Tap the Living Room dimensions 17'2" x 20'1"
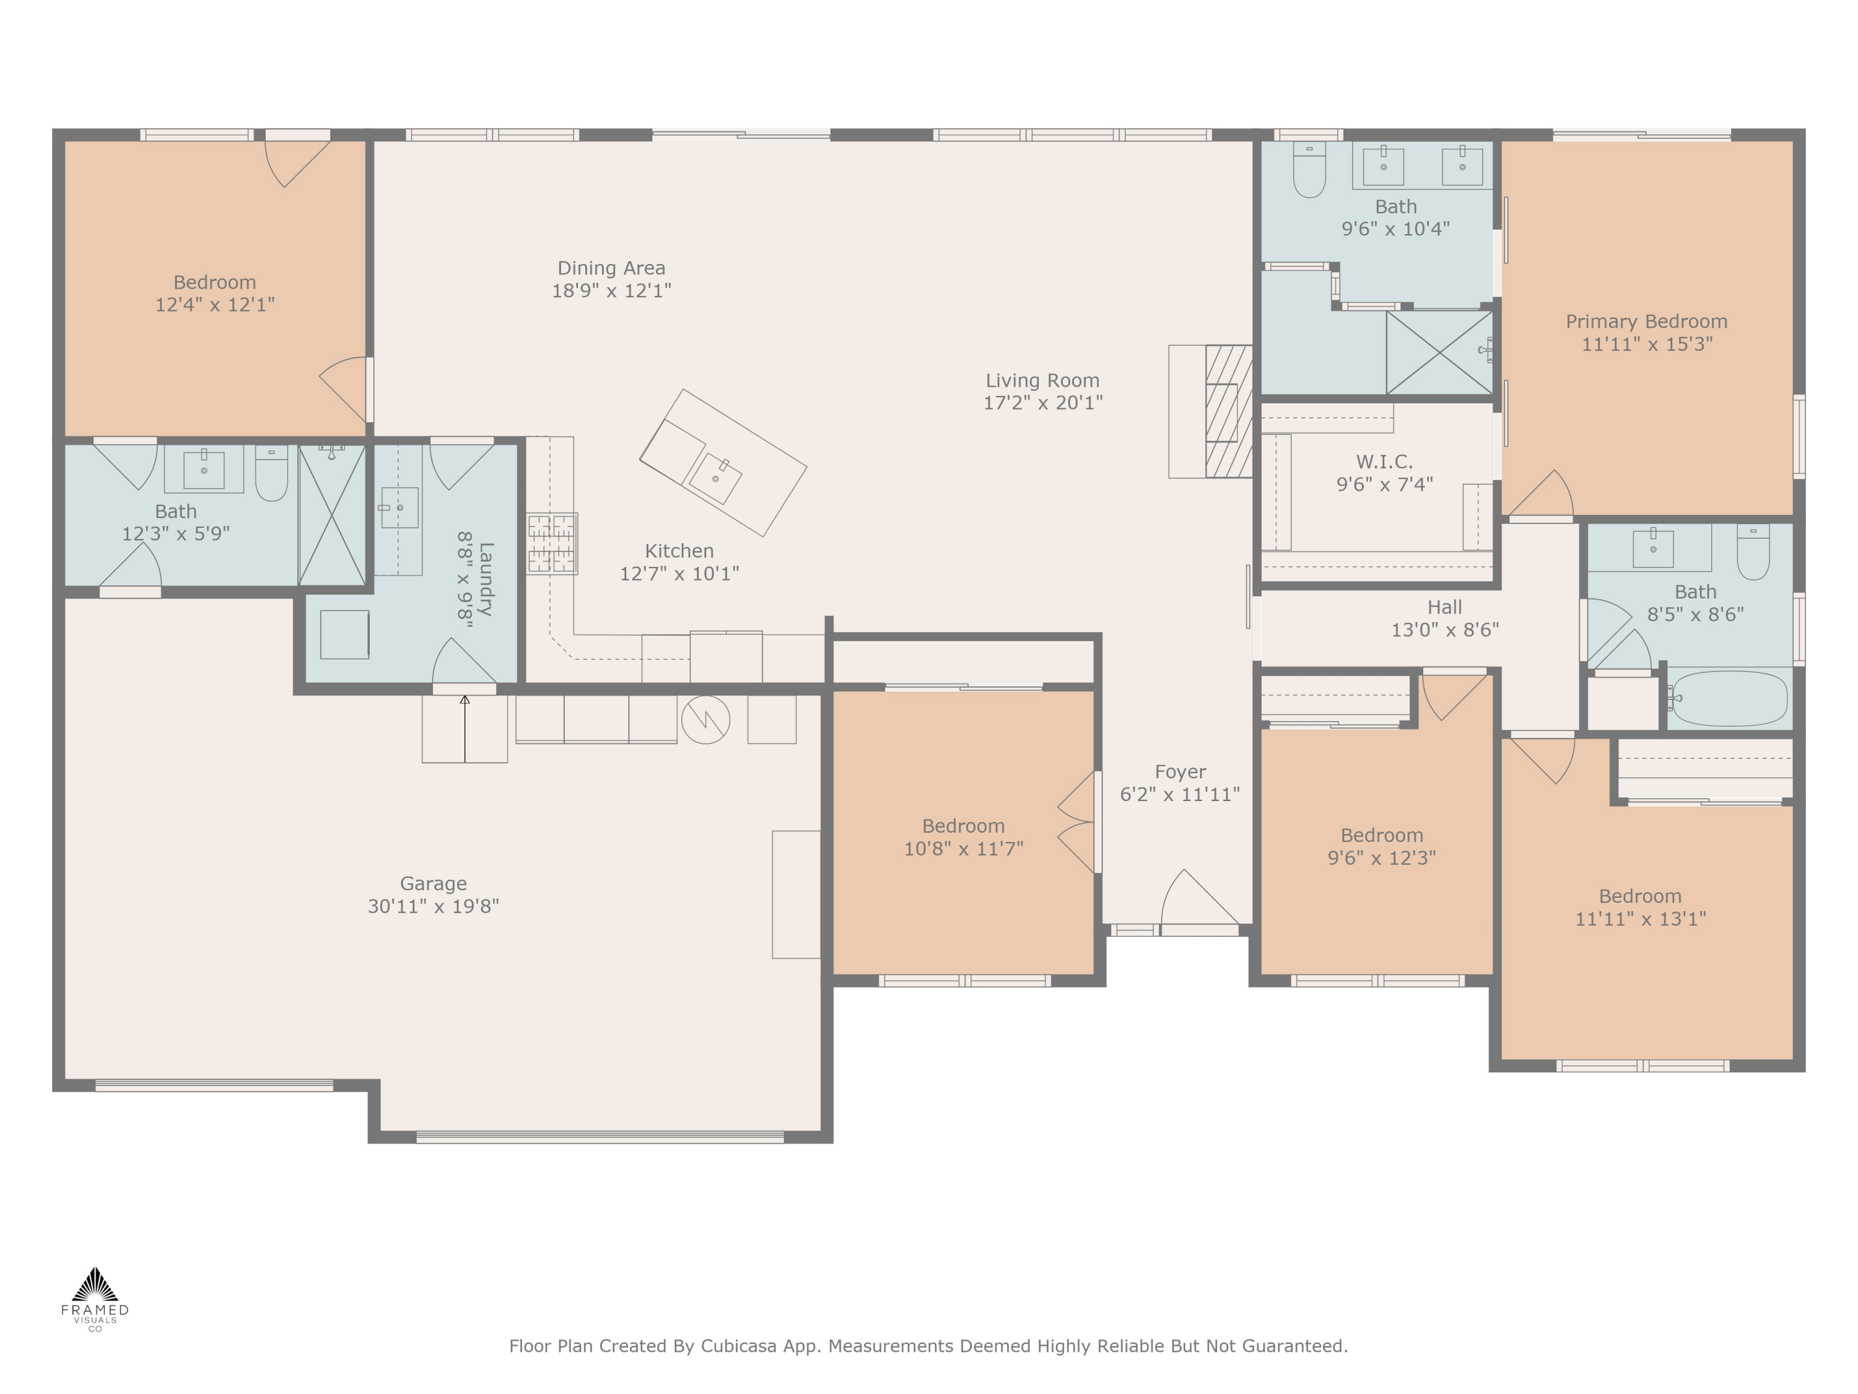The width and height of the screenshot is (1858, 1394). (x=1042, y=403)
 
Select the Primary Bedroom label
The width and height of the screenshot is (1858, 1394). (x=1646, y=321)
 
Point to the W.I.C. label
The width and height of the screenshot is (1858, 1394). (x=1384, y=462)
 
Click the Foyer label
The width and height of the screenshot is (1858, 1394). (x=1180, y=771)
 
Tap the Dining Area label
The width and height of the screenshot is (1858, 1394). (x=611, y=268)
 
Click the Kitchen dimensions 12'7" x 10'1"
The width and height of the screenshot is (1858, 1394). (x=679, y=573)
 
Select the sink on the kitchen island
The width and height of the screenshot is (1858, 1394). (x=715, y=478)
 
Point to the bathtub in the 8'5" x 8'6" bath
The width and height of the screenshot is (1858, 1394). (x=1729, y=698)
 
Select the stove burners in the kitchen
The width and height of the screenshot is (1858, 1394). (x=552, y=543)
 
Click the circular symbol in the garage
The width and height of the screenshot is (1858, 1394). (x=705, y=719)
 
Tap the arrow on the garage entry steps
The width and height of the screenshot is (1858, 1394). (x=464, y=729)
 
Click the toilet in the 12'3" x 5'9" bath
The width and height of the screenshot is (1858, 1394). (x=271, y=473)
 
